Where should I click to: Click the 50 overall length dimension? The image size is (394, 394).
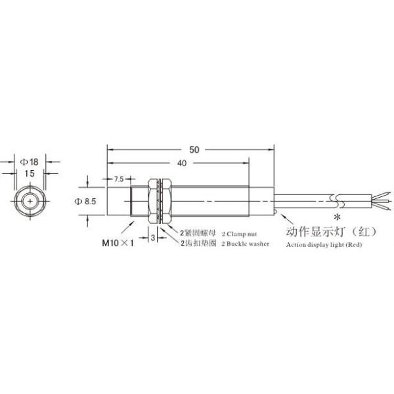pyautogui.click(x=194, y=149)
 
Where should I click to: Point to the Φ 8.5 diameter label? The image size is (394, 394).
pyautogui.click(x=86, y=202)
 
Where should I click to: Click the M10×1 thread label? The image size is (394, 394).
pyautogui.click(x=118, y=242)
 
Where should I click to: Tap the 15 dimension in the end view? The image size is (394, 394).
pyautogui.click(x=30, y=173)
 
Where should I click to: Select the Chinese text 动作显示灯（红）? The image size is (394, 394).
pyautogui.click(x=327, y=232)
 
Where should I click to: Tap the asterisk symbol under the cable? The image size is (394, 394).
pyautogui.click(x=337, y=217)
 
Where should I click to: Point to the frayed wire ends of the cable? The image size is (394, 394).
pyautogui.click(x=382, y=200)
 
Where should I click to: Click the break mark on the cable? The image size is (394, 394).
pyautogui.click(x=336, y=200)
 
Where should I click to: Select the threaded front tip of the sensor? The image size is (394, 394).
pyautogui.click(x=140, y=200)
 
